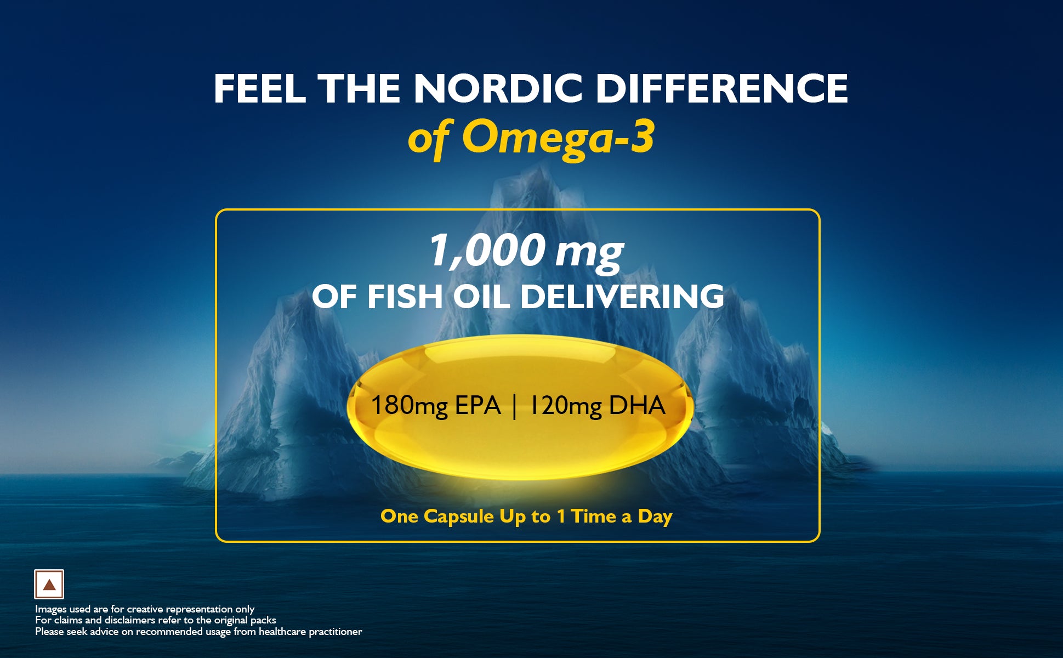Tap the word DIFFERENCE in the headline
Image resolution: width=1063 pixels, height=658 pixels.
point(722,89)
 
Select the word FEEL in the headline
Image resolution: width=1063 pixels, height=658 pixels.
point(259,89)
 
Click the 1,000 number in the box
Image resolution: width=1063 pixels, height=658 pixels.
point(486,250)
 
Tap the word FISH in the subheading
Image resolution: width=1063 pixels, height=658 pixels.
point(404,296)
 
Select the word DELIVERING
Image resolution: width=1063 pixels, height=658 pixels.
point(622,296)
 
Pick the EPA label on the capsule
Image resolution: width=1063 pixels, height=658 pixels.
point(478,406)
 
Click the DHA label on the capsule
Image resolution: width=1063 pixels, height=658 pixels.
point(637,406)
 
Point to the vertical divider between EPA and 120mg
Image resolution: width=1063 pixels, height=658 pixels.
point(515,407)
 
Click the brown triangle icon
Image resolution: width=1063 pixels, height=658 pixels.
point(49,585)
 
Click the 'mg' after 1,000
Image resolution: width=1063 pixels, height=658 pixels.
point(589,253)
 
